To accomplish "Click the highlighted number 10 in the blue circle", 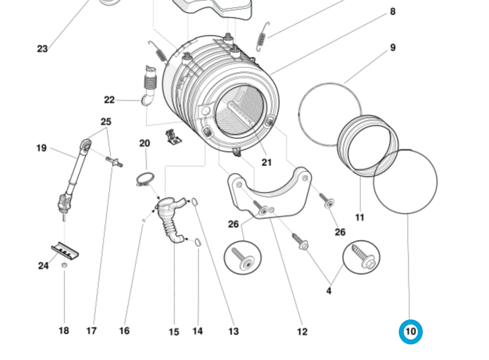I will tap(410, 332).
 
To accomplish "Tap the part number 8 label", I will tap(393, 12).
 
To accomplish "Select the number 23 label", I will tap(42, 49).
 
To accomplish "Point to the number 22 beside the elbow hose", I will tap(109, 100).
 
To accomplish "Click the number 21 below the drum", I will tap(267, 163).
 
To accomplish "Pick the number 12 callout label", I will tap(302, 332).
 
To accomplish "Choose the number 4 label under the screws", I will tap(329, 291).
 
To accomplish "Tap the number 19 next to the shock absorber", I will tap(41, 148).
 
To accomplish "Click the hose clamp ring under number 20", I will tap(145, 178).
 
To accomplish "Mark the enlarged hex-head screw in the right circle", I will tap(361, 257).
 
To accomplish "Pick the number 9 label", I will tap(393, 47).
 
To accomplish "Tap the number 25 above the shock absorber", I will tap(106, 122).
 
